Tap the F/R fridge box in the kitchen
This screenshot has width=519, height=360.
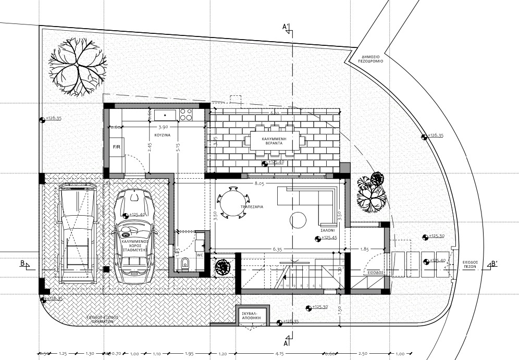(x=117, y=147)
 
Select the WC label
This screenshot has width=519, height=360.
(x=200, y=255)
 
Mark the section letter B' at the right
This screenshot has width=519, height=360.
(x=494, y=264)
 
